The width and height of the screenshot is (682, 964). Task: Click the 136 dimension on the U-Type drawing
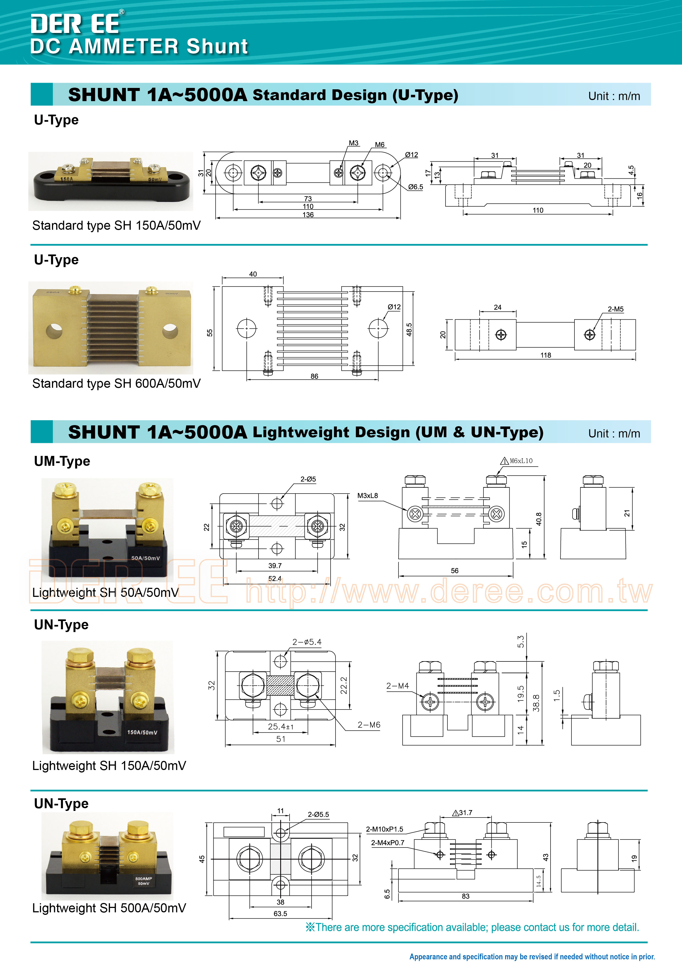[x=308, y=215]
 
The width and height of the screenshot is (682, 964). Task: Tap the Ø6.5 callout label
[x=416, y=187]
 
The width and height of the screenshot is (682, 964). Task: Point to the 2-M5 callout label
[x=616, y=309]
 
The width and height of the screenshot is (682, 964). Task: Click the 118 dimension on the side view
[x=545, y=355]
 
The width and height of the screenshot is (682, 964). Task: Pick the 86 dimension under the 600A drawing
[x=314, y=376]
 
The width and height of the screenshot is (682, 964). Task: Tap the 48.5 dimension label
[x=409, y=329]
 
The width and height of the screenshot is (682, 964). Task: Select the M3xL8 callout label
[x=368, y=495]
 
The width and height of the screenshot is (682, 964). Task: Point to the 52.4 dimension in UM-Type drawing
[x=275, y=578]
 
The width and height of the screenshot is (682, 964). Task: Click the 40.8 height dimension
[x=539, y=519]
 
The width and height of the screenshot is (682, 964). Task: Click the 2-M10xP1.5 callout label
[x=384, y=829]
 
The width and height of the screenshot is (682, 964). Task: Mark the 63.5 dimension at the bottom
[x=280, y=914]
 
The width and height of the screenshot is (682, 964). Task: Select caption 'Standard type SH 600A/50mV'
[x=116, y=383]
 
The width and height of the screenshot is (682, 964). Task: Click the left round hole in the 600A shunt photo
[x=54, y=331]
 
